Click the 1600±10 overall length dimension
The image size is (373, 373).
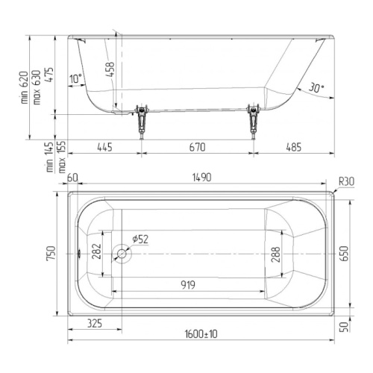(x=201, y=334)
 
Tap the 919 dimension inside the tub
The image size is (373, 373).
(x=188, y=285)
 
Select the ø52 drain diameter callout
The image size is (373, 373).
(x=140, y=239)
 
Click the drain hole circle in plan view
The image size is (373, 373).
(x=122, y=254)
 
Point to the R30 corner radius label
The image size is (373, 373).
(x=346, y=182)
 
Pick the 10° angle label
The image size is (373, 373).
(x=75, y=79)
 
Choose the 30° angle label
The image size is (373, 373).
(x=316, y=88)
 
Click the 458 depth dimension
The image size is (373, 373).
(x=110, y=69)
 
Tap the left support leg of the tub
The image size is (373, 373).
(x=141, y=122)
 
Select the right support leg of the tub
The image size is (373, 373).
(x=253, y=122)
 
